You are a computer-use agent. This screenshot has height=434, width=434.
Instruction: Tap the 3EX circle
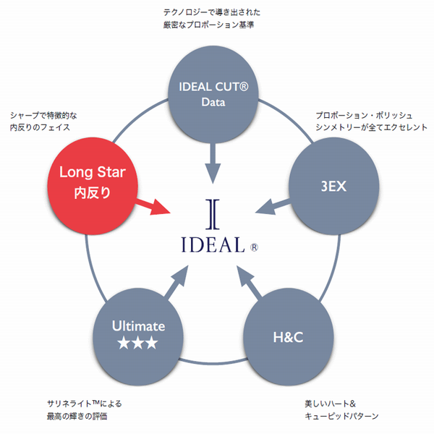[334, 185]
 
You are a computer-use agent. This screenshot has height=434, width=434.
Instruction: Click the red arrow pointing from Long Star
[154, 208]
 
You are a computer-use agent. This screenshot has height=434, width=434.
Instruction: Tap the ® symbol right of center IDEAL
[254, 247]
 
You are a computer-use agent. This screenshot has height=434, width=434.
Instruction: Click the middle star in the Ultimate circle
[137, 344]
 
